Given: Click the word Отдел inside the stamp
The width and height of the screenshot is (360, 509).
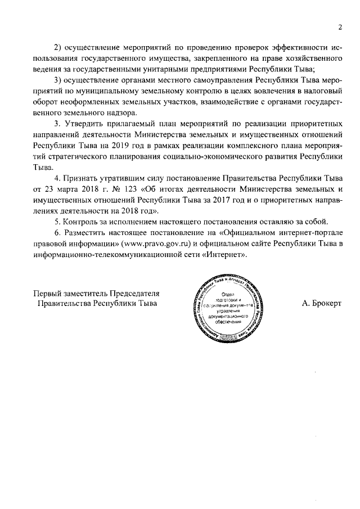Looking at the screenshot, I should [x=228, y=294].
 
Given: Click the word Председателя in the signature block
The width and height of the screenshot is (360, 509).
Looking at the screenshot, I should [x=134, y=292].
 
